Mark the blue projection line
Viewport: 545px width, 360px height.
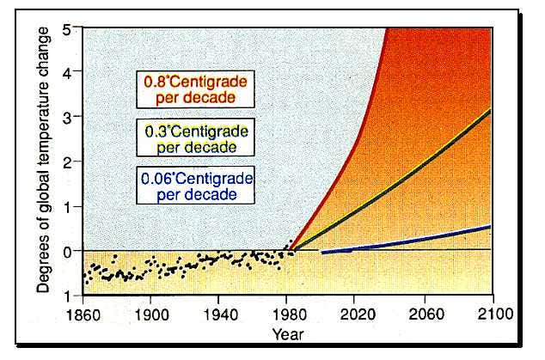413,240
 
